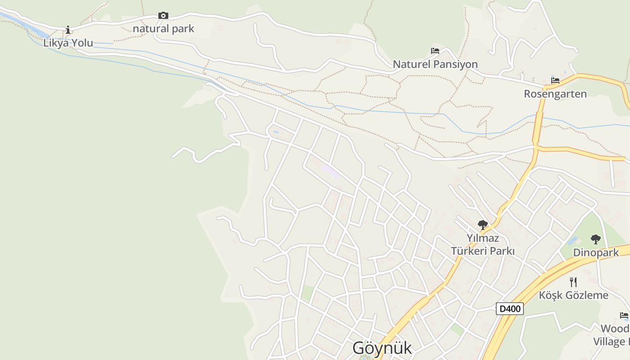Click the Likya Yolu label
(x=68, y=43)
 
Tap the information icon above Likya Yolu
(x=68, y=30)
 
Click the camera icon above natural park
(x=163, y=16)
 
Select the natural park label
(x=163, y=29)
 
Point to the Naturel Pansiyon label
(x=435, y=64)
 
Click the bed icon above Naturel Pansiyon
(x=435, y=51)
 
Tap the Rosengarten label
(x=555, y=94)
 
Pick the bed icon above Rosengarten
(x=555, y=81)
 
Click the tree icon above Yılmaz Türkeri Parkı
(x=483, y=225)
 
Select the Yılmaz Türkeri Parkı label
(x=483, y=244)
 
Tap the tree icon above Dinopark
(x=596, y=239)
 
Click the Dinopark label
(x=596, y=253)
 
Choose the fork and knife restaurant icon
(x=573, y=282)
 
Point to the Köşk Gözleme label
(x=573, y=296)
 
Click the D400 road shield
(x=510, y=309)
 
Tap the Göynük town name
(x=382, y=348)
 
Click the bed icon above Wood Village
(x=624, y=315)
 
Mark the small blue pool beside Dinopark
(x=572, y=240)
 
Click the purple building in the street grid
(x=330, y=171)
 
